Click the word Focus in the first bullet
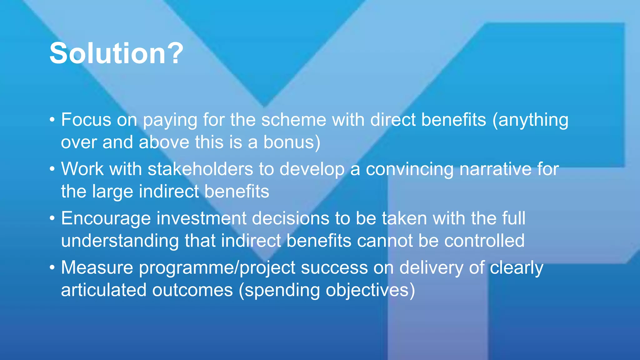point(86,120)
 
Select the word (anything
point(530,120)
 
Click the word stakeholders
point(200,169)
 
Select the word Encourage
point(106,218)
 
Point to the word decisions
point(290,218)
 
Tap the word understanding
point(120,241)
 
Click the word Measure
point(97,267)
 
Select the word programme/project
point(217,268)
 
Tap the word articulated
point(103,290)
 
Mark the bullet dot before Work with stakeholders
point(52,169)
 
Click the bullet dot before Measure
point(52,267)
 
